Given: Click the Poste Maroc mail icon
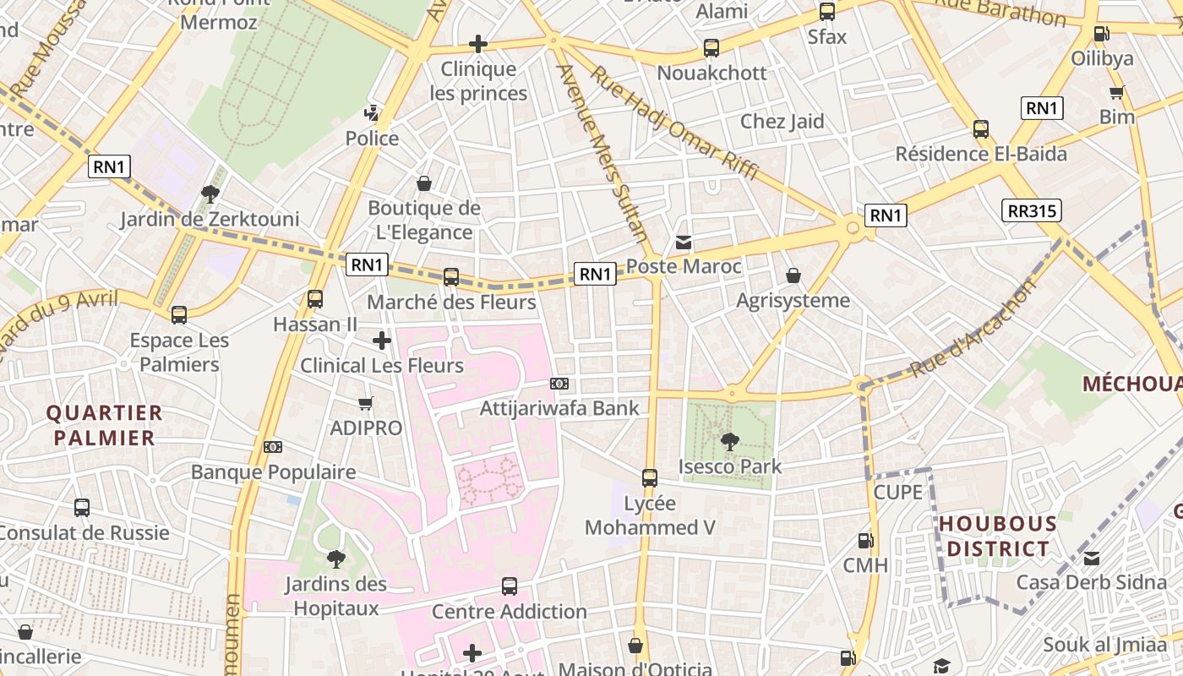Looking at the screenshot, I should [684, 243].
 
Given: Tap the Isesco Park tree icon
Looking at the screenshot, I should [729, 441].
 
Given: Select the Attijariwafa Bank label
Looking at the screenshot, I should [559, 409].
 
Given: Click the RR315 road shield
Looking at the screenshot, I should [1031, 210].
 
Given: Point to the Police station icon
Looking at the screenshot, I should [371, 113].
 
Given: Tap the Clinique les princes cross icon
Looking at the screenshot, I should [478, 44].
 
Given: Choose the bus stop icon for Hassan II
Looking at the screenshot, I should [315, 299].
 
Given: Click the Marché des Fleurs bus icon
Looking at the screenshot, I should [451, 277].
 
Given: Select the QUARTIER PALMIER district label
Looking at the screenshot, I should [104, 425].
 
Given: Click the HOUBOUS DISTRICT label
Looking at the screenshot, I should [998, 537].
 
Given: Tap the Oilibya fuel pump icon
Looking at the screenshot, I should [1101, 34].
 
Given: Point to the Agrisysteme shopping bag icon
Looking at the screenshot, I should [793, 275].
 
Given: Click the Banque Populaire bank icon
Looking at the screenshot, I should [272, 447].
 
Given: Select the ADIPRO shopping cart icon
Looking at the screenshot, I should [366, 404].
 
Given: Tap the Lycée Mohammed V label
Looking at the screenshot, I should [650, 515].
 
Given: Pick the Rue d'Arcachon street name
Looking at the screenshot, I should [973, 330].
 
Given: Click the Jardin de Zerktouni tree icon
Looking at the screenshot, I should [210, 195].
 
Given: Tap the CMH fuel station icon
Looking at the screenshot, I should [865, 541].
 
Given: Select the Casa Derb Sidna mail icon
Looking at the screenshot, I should [1092, 559].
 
